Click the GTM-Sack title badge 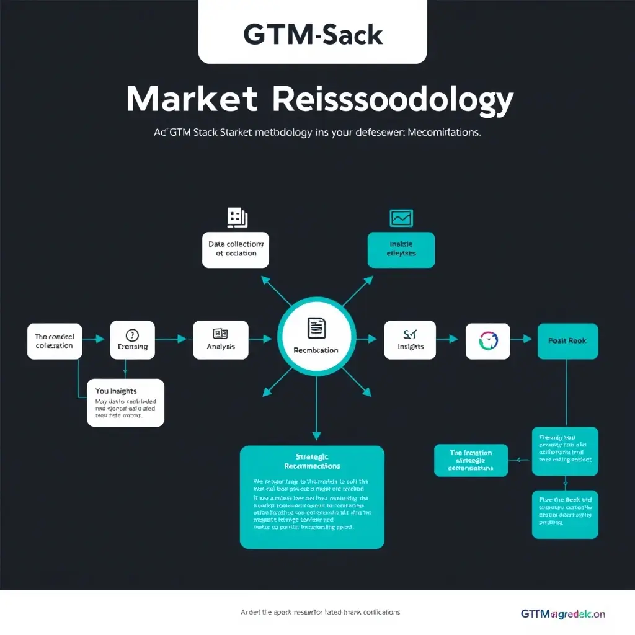pos(313,34)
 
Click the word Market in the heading pos(192,99)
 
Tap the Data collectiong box pos(235,249)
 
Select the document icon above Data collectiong pos(237,217)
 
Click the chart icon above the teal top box pos(401,218)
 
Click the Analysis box pos(221,339)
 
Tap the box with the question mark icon pos(133,339)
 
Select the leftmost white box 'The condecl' pos(54,340)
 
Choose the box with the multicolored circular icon pos(487,340)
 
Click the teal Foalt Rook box pos(567,340)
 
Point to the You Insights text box pos(126,402)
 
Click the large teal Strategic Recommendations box pos(312,497)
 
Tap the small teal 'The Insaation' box pos(471,460)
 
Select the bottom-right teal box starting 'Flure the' pos(565,514)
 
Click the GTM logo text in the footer pos(562,614)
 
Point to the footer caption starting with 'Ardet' pos(320,612)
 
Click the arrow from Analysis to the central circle pos(260,339)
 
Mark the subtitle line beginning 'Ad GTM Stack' pos(317,133)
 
